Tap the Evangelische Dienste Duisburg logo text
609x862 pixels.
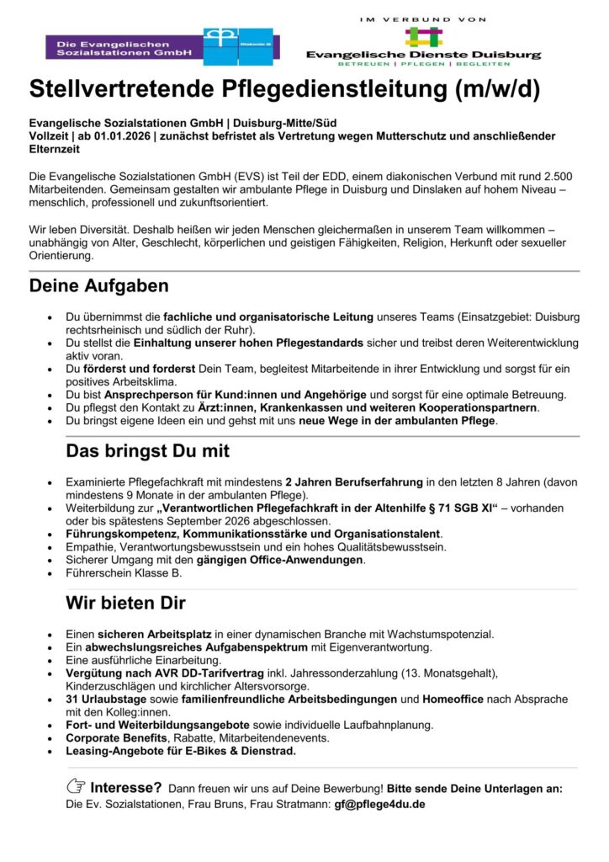coord(423,54)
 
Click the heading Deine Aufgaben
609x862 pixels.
coord(98,286)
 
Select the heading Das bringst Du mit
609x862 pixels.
coord(147,451)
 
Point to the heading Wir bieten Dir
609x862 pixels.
coord(125,604)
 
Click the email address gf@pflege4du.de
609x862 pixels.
coord(379,804)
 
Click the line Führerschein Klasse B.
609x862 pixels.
coord(123,573)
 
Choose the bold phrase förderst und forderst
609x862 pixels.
coord(140,369)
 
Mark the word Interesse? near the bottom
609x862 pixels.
coord(126,788)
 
